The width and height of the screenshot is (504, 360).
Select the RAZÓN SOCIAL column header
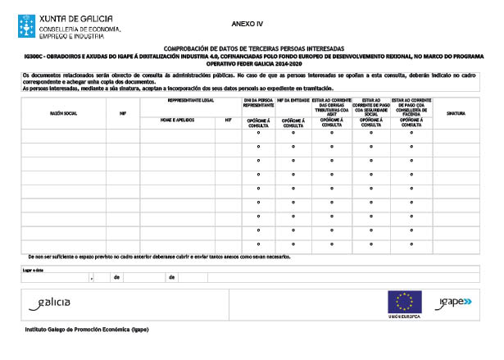[63, 112]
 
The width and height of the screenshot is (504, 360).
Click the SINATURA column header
[456, 112]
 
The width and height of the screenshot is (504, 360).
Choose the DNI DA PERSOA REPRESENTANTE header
[259, 103]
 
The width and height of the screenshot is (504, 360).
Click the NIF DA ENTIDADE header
[293, 100]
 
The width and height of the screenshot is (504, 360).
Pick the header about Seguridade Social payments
[371, 104]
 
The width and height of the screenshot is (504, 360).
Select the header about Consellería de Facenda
[411, 104]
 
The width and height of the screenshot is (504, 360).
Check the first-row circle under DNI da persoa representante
[259, 133]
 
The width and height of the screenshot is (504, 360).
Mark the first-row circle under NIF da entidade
[293, 133]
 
